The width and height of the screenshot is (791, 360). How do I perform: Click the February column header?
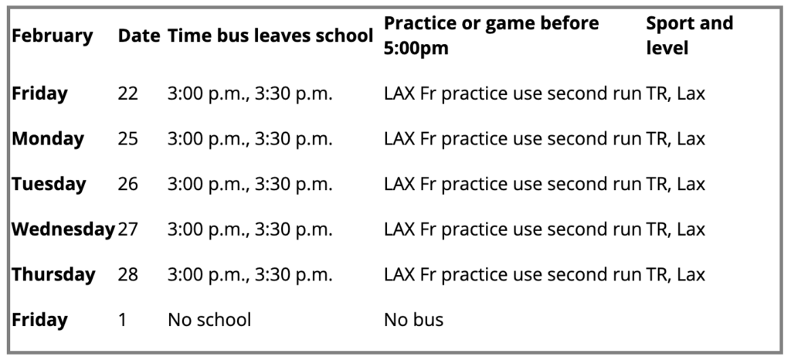(53, 36)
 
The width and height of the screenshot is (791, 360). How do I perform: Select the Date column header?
(139, 36)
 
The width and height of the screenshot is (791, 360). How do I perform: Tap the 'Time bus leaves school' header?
(271, 36)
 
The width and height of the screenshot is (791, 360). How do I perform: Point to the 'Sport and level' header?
(690, 36)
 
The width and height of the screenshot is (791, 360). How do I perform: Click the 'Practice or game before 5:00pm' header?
(491, 36)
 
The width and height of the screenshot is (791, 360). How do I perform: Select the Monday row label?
(48, 138)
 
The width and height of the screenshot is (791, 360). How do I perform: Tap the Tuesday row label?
(49, 184)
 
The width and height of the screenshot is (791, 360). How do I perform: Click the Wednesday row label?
(63, 229)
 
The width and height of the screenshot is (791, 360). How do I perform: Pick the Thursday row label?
(53, 275)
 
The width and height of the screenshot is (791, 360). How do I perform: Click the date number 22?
(127, 93)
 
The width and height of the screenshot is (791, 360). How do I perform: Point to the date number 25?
(127, 139)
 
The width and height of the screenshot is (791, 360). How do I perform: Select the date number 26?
(127, 185)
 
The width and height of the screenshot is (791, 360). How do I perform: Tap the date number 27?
(127, 230)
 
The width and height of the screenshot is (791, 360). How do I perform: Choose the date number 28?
(127, 275)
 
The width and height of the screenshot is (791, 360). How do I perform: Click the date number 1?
(122, 320)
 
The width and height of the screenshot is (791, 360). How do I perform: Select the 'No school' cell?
(209, 320)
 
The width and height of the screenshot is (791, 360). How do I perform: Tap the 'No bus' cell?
(414, 320)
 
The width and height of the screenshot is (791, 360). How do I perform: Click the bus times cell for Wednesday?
(250, 230)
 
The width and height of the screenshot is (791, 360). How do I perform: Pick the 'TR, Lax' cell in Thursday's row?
(675, 275)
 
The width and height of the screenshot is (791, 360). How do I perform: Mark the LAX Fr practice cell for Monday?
(513, 139)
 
